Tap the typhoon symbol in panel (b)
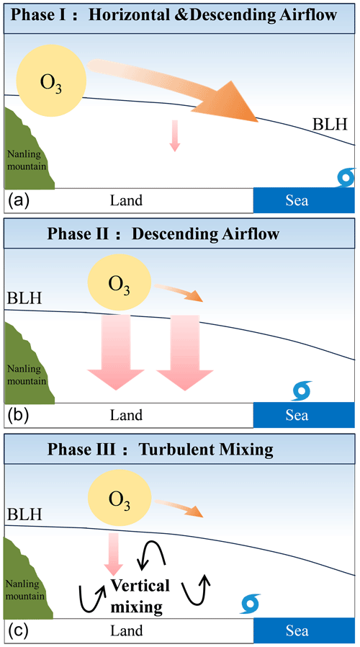302,390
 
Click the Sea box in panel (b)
296,415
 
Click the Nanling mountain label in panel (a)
29,159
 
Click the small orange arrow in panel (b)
189,293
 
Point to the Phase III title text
170,450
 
